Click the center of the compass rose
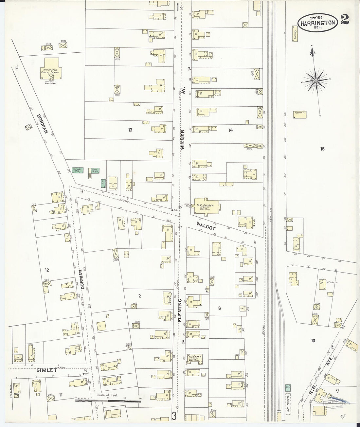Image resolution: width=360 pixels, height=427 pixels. (x=316, y=80)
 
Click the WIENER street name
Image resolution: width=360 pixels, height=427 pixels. (x=183, y=139)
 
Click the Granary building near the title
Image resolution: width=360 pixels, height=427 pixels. (x=295, y=36)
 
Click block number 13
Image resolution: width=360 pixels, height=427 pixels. (x=130, y=130)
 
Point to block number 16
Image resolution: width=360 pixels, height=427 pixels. (x=313, y=341)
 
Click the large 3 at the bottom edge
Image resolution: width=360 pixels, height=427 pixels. (x=174, y=416)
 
